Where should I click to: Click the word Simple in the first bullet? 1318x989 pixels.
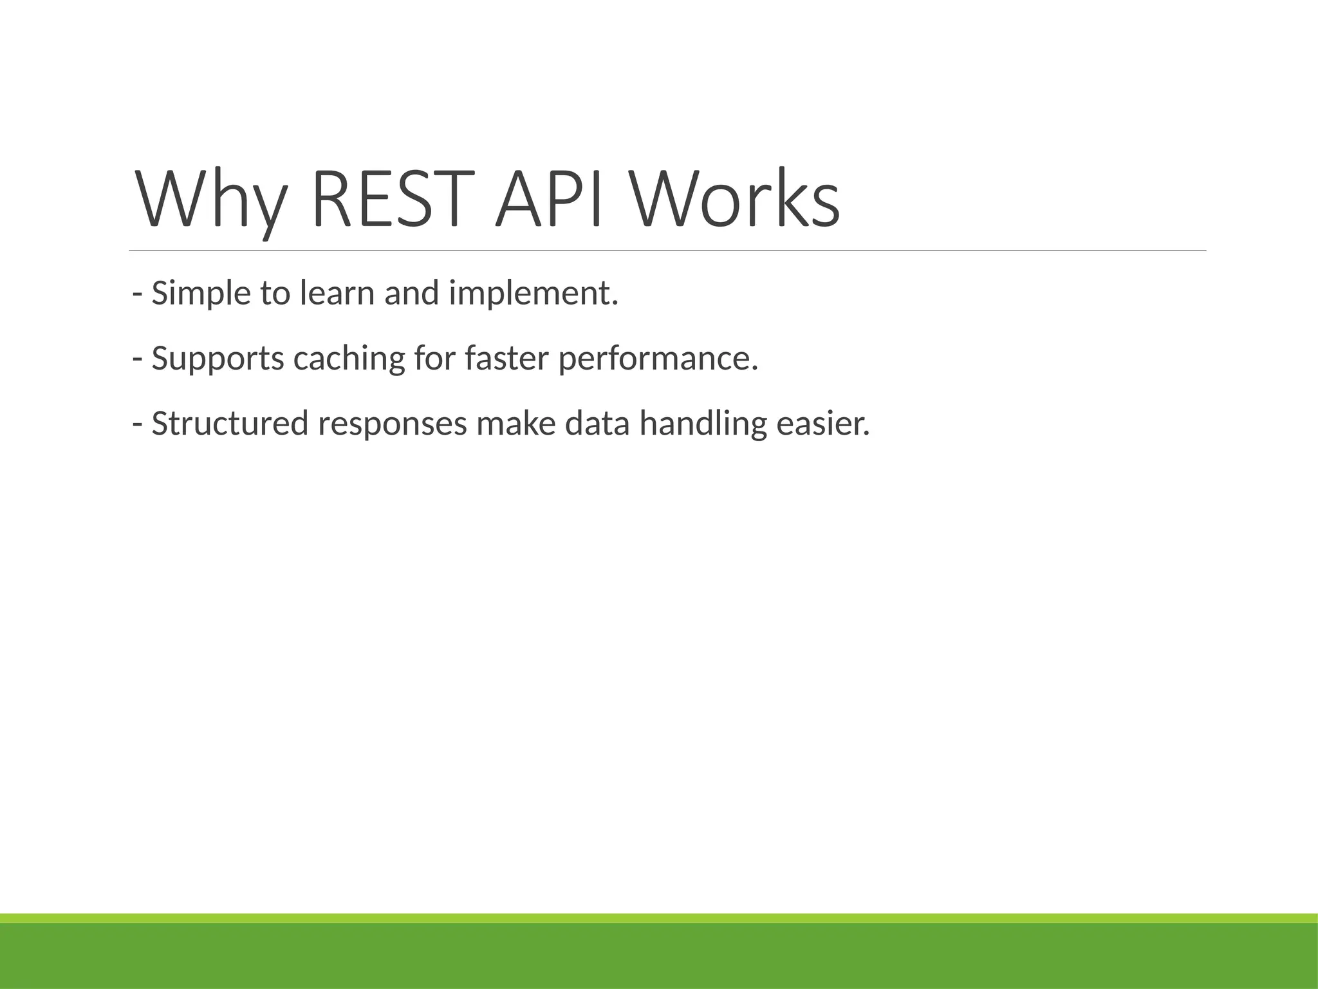tap(201, 295)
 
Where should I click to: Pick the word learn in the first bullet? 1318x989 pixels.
tap(337, 294)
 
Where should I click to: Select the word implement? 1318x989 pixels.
tap(533, 295)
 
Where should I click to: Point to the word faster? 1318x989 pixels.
tap(506, 359)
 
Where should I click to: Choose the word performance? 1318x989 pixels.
tap(658, 360)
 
